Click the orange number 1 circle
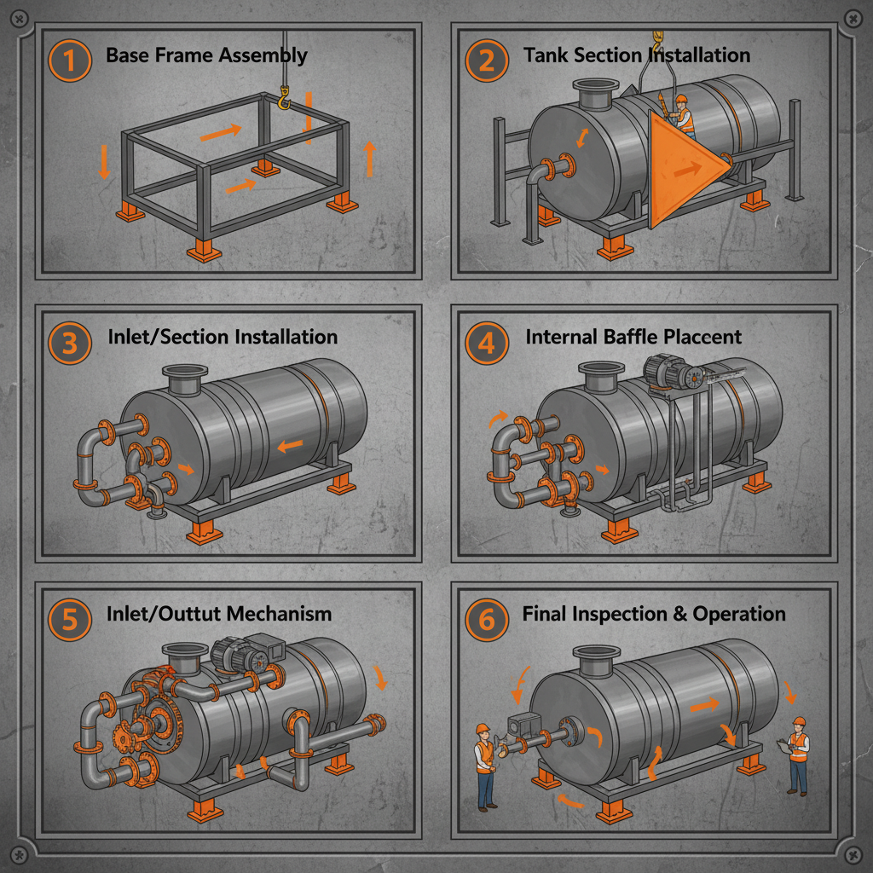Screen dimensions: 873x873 (71, 62)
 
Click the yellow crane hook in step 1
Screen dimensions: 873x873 (284, 101)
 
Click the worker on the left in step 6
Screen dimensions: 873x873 (485, 763)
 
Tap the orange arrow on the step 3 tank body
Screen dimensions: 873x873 (290, 444)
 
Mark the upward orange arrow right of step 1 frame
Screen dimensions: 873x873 (369, 159)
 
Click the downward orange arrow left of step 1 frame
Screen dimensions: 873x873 (104, 160)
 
